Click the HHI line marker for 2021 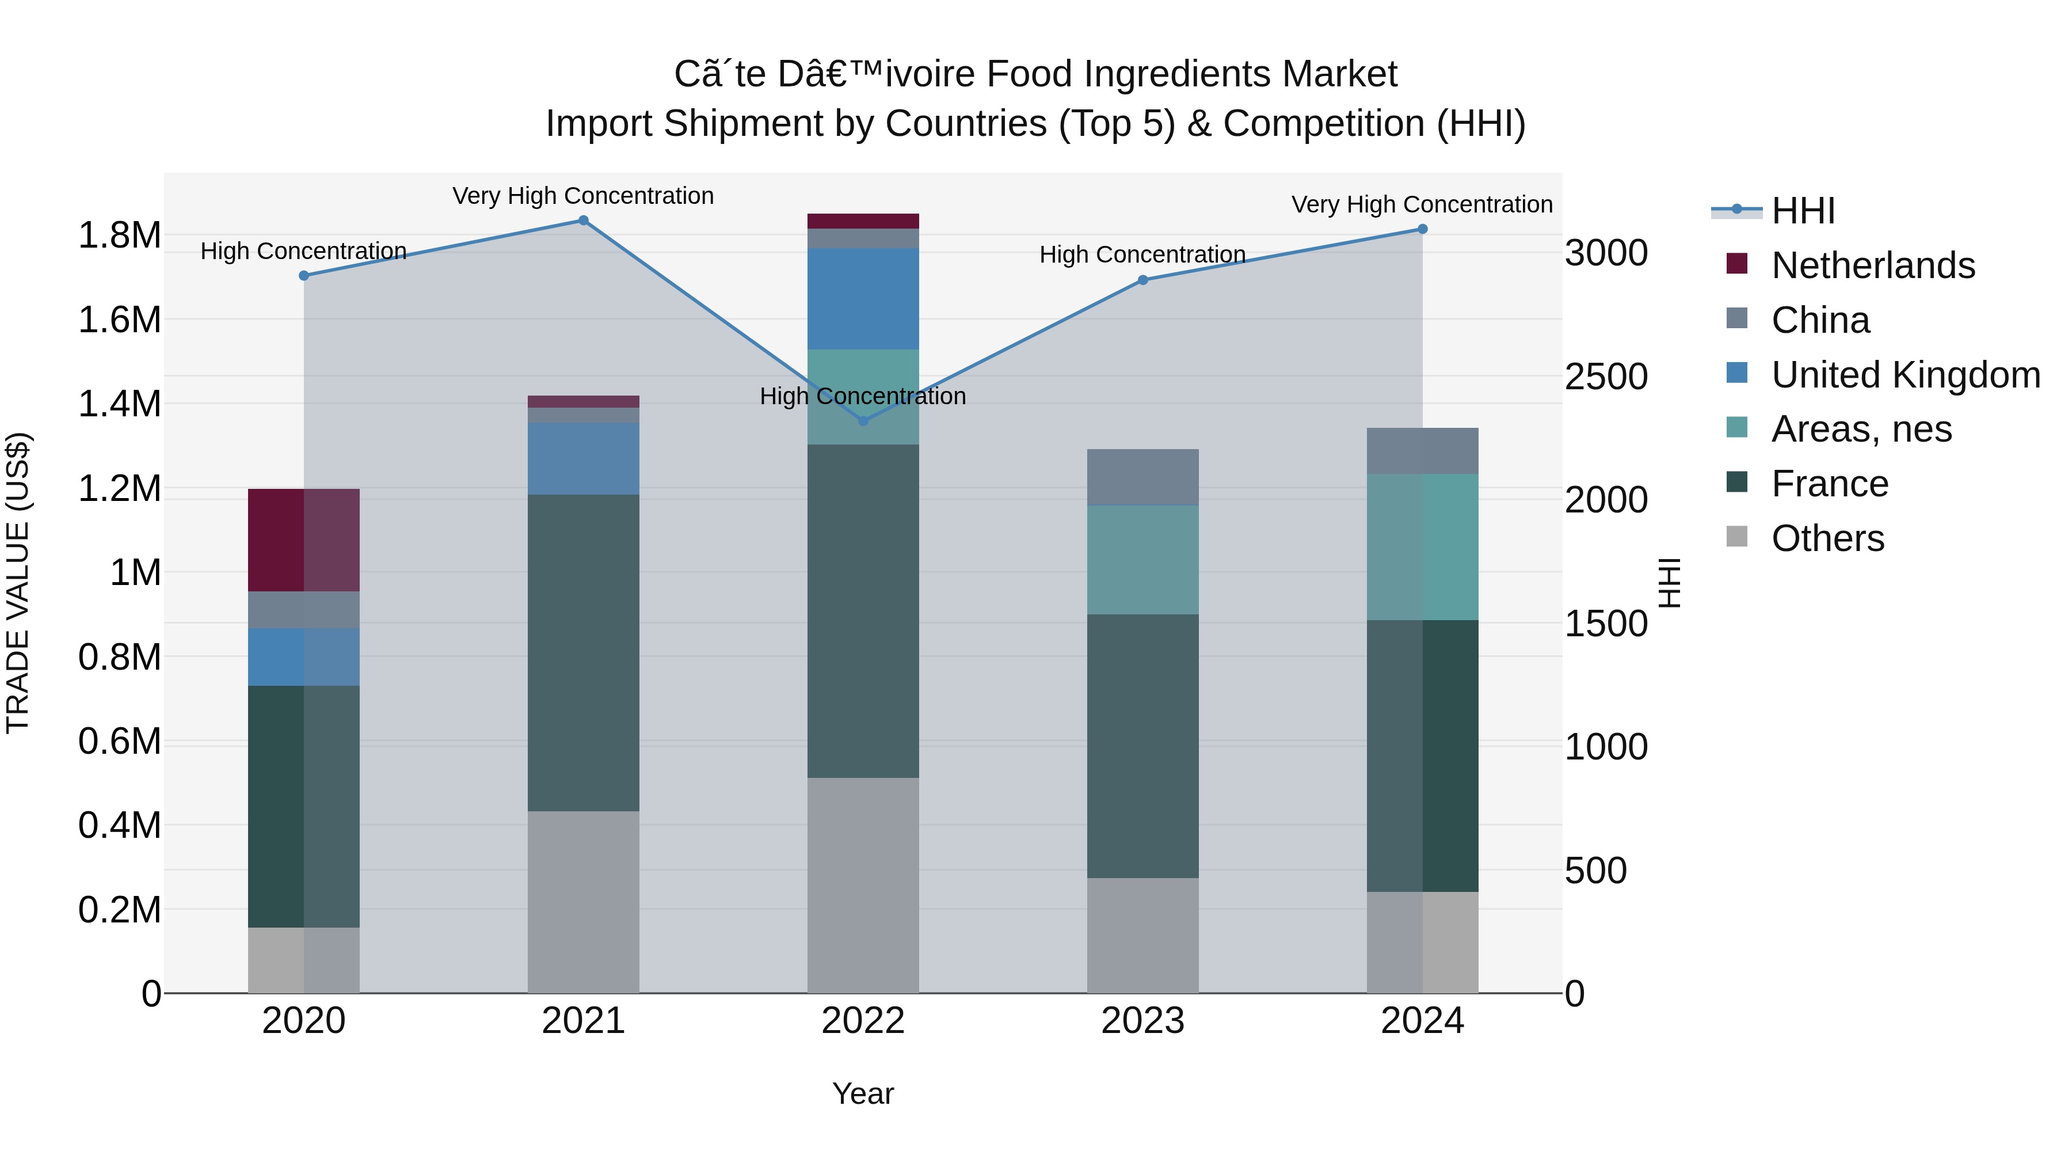[583, 221]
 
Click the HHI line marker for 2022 [863, 421]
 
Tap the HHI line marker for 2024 [1422, 229]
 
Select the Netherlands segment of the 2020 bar [303, 540]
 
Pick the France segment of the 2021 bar [583, 652]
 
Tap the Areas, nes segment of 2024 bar [1422, 546]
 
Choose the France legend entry [1829, 484]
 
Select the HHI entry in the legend [1803, 211]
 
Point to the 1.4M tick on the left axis [119, 404]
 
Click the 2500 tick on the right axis [1605, 377]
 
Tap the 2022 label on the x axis [863, 1021]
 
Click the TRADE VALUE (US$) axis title [18, 583]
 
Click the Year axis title [863, 1093]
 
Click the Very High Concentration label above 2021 [583, 196]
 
